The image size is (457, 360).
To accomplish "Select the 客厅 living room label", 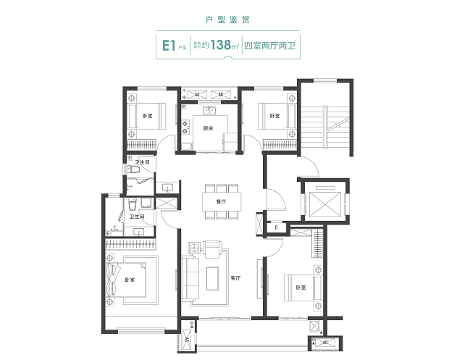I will [x=235, y=277].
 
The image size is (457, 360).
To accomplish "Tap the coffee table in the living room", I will [x=214, y=277].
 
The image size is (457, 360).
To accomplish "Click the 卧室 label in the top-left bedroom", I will [x=147, y=117].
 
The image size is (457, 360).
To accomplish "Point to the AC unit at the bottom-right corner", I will [x=324, y=342].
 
